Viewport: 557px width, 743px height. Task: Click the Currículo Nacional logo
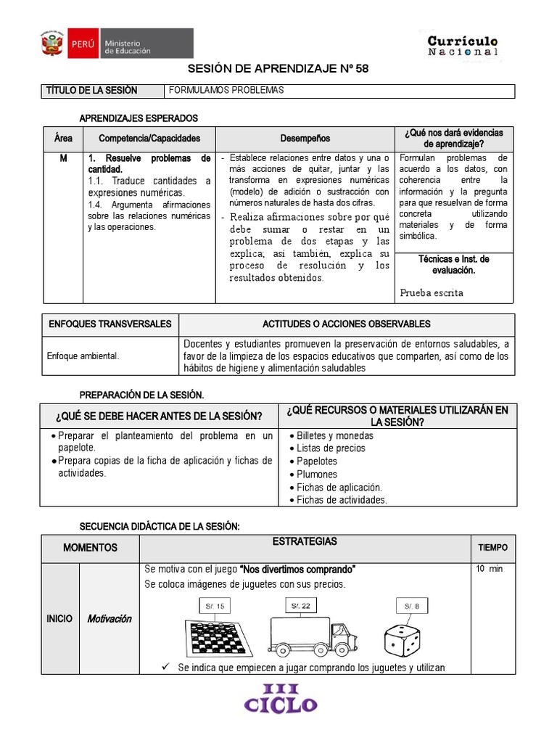coord(463,46)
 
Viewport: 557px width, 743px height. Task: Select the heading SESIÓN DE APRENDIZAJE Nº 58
coord(278,69)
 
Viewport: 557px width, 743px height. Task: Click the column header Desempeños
coord(305,138)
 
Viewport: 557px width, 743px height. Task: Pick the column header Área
coord(63,138)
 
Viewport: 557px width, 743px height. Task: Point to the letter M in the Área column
coord(63,158)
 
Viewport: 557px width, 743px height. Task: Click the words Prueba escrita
coord(432,292)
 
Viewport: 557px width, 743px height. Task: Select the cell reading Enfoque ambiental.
coord(83,356)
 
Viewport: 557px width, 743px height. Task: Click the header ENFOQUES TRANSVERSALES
coord(110,324)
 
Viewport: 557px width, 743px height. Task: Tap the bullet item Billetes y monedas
coord(334,435)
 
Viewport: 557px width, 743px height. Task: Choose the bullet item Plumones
coord(317,475)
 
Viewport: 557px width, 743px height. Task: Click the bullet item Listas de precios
coord(331,448)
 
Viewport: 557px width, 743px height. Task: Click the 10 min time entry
coord(489,569)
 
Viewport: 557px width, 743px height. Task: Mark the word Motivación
coord(109,619)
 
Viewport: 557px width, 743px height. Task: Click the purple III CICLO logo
coord(280,698)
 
